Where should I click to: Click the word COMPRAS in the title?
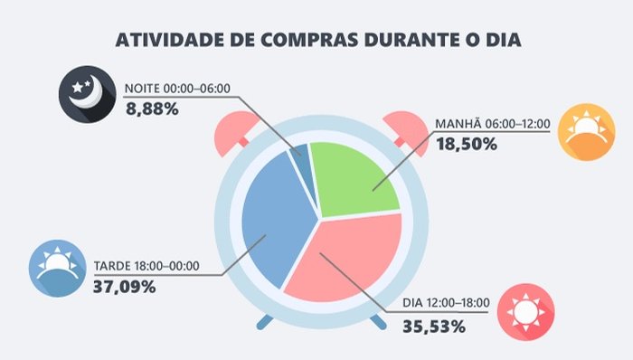click(x=307, y=41)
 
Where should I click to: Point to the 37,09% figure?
click(x=124, y=287)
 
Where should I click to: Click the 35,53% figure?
click(x=435, y=323)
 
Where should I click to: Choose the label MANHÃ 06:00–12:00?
click(x=493, y=122)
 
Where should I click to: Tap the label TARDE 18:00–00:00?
click(x=159, y=267)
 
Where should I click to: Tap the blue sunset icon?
click(x=57, y=270)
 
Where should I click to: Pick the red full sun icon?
click(x=526, y=311)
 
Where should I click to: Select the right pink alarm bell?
click(x=401, y=133)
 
